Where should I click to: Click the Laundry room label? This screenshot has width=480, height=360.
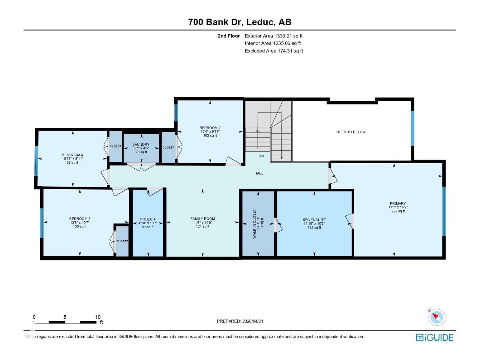click(x=141, y=145)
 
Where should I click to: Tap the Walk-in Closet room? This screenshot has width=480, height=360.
click(x=258, y=223)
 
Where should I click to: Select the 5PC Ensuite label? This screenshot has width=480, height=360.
click(x=314, y=220)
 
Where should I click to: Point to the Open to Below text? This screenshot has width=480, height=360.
click(x=351, y=132)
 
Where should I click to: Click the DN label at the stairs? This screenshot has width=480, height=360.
click(x=261, y=156)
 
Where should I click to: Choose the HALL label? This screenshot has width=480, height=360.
click(x=259, y=173)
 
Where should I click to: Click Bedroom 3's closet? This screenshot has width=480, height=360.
click(x=122, y=241)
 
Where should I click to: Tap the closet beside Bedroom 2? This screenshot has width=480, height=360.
click(x=168, y=147)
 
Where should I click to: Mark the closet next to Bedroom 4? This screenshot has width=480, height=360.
click(x=115, y=146)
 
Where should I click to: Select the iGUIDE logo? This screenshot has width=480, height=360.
click(x=434, y=337)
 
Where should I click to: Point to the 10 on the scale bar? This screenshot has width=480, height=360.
click(x=98, y=317)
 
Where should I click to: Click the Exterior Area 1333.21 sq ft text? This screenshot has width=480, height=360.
click(x=273, y=36)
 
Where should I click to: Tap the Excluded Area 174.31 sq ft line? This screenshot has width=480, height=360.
click(x=274, y=51)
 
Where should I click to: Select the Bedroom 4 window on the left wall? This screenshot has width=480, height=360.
click(x=36, y=161)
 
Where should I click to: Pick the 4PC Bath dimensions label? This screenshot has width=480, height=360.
click(x=148, y=223)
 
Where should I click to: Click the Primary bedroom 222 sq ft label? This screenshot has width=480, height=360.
click(x=398, y=211)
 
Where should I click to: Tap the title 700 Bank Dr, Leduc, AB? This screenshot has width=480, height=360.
click(x=240, y=22)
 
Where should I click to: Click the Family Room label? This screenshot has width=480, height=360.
click(x=202, y=219)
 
